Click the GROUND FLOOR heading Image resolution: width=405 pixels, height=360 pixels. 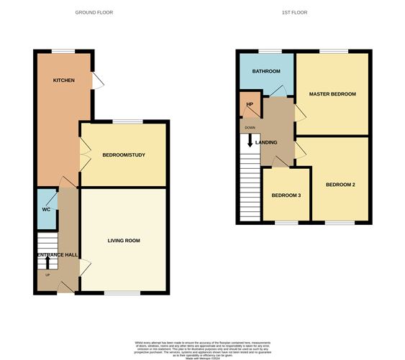pyautogui.click(x=94, y=13)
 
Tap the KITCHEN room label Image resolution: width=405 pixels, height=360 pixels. pyautogui.click(x=64, y=80)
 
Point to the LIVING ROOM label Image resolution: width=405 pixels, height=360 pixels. pyautogui.click(x=124, y=240)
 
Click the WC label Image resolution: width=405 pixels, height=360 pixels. pyautogui.click(x=46, y=210)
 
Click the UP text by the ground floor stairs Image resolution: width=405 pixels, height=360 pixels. pyautogui.click(x=47, y=274)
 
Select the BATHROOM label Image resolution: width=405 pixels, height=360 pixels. pyautogui.click(x=265, y=71)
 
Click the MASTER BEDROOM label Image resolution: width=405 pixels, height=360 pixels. pyautogui.click(x=332, y=94)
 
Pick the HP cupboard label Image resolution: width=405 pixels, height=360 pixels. pyautogui.click(x=249, y=104)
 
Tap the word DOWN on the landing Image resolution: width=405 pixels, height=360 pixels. pyautogui.click(x=250, y=127)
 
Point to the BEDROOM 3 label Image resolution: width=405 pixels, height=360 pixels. pyautogui.click(x=286, y=195)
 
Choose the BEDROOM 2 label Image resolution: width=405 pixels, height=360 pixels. pyautogui.click(x=340, y=185)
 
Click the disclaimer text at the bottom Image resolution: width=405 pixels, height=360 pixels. pyautogui.click(x=202, y=346)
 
